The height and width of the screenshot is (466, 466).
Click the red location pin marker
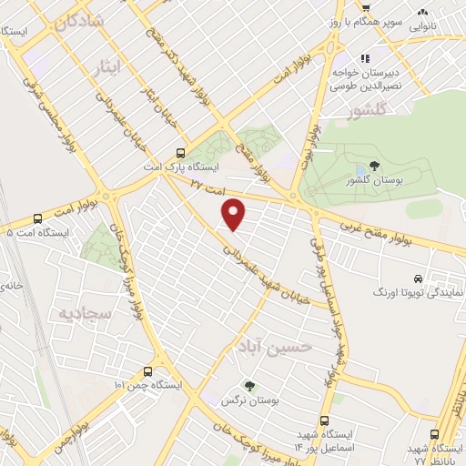pyautogui.click(x=235, y=214)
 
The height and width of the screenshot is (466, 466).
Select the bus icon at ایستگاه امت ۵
pyautogui.click(x=37, y=218)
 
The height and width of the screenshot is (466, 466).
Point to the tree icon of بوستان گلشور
pyautogui.click(x=374, y=166)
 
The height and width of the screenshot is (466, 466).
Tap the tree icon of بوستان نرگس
pyautogui.click(x=248, y=385)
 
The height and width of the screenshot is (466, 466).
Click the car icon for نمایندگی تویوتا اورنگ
pyautogui.click(x=417, y=279)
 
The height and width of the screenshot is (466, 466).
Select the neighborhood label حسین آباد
pyautogui.click(x=275, y=345)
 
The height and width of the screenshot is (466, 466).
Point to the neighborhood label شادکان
pyautogui.click(x=79, y=24)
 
